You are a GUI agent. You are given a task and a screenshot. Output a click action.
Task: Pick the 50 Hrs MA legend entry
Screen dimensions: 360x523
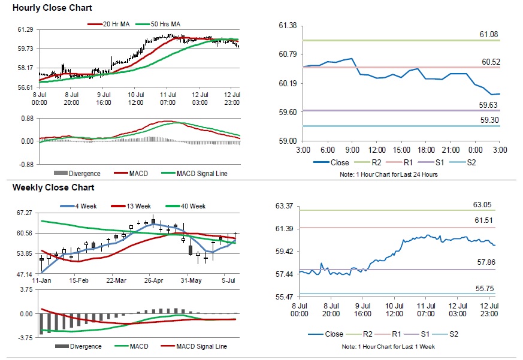coord(165,24)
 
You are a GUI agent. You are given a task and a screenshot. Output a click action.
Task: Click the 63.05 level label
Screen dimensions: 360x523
coord(482,205)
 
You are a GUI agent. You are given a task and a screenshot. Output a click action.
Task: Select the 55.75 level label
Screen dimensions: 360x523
coord(482,288)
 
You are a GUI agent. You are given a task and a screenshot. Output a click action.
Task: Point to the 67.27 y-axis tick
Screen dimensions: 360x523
coord(25,213)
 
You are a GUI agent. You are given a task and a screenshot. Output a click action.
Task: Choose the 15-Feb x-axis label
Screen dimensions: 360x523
coord(78,280)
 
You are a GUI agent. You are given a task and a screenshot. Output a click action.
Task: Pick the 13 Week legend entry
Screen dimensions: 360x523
coord(137,206)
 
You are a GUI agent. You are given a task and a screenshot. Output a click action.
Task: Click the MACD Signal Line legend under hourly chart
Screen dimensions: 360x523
coord(201,174)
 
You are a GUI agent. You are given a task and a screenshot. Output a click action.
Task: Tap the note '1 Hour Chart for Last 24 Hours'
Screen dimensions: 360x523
coord(389,174)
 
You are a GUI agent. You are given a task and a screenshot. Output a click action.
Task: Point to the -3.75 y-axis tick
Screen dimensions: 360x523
coord(24,338)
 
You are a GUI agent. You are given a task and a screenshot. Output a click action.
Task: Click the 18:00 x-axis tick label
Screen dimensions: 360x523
coord(426,149)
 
